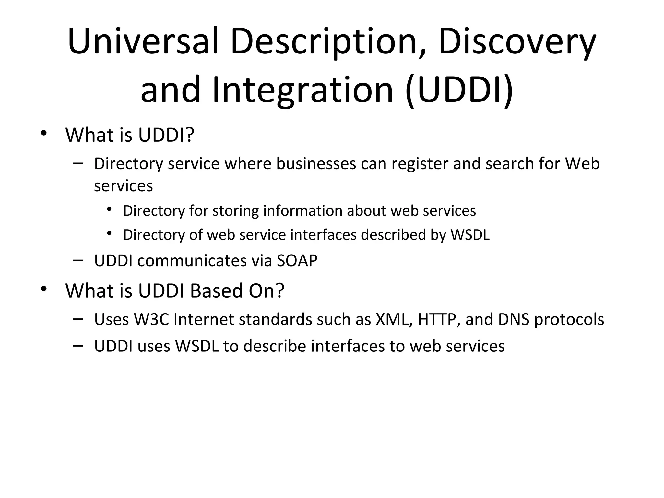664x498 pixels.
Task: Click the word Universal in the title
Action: (x=143, y=41)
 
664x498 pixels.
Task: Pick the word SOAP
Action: (x=297, y=260)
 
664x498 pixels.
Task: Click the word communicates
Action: (x=192, y=260)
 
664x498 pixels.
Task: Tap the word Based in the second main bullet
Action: (x=216, y=290)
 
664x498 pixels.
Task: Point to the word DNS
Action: (x=514, y=319)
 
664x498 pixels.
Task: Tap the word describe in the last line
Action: (x=275, y=346)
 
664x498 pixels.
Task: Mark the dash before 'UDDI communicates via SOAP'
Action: (x=78, y=260)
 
